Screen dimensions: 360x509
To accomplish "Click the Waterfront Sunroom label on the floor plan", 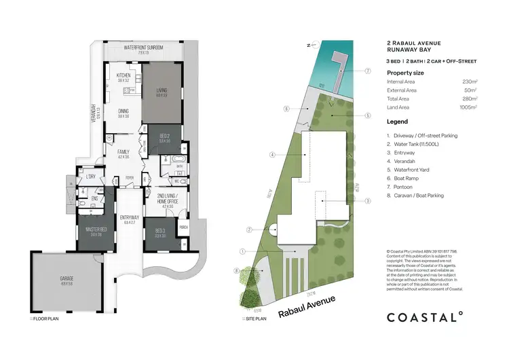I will [143, 48].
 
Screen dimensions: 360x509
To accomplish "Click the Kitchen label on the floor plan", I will [123, 75].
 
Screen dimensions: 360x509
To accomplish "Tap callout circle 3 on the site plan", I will [366, 200].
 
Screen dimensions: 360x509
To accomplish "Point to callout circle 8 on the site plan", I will [236, 271].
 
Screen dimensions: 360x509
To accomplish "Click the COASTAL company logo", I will [424, 316].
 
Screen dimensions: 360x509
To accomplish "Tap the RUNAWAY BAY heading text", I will [415, 50].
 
